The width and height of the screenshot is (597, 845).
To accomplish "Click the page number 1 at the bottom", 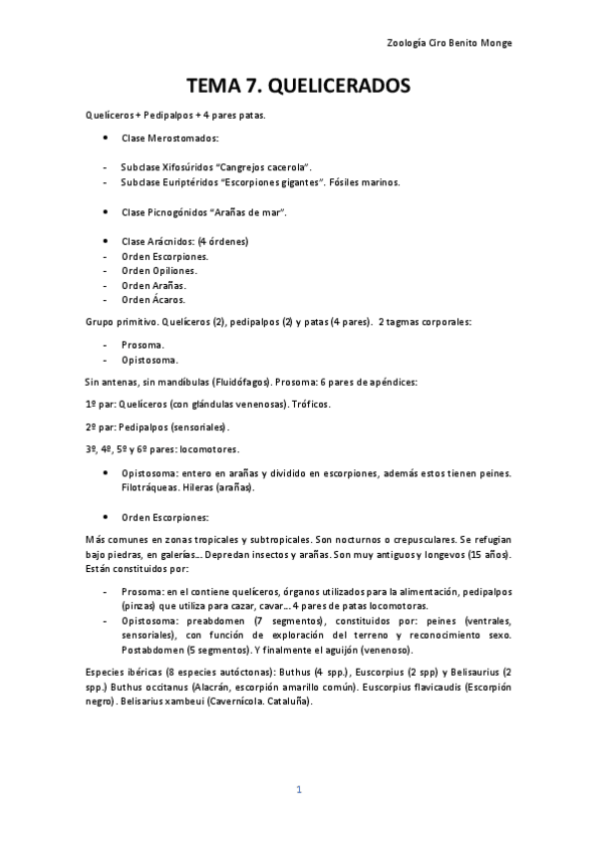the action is tap(298, 789).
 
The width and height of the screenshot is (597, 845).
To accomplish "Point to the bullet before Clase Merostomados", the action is tap(106, 139).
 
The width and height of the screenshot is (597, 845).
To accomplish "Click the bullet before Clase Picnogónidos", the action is tap(106, 212).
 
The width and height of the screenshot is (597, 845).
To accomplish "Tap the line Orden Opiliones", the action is tap(158, 270).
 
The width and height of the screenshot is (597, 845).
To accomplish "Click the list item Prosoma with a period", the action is tap(144, 344).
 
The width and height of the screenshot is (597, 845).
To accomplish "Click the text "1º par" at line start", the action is tap(100, 404).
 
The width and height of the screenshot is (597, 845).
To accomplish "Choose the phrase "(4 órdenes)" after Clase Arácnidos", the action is tap(222, 241).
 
